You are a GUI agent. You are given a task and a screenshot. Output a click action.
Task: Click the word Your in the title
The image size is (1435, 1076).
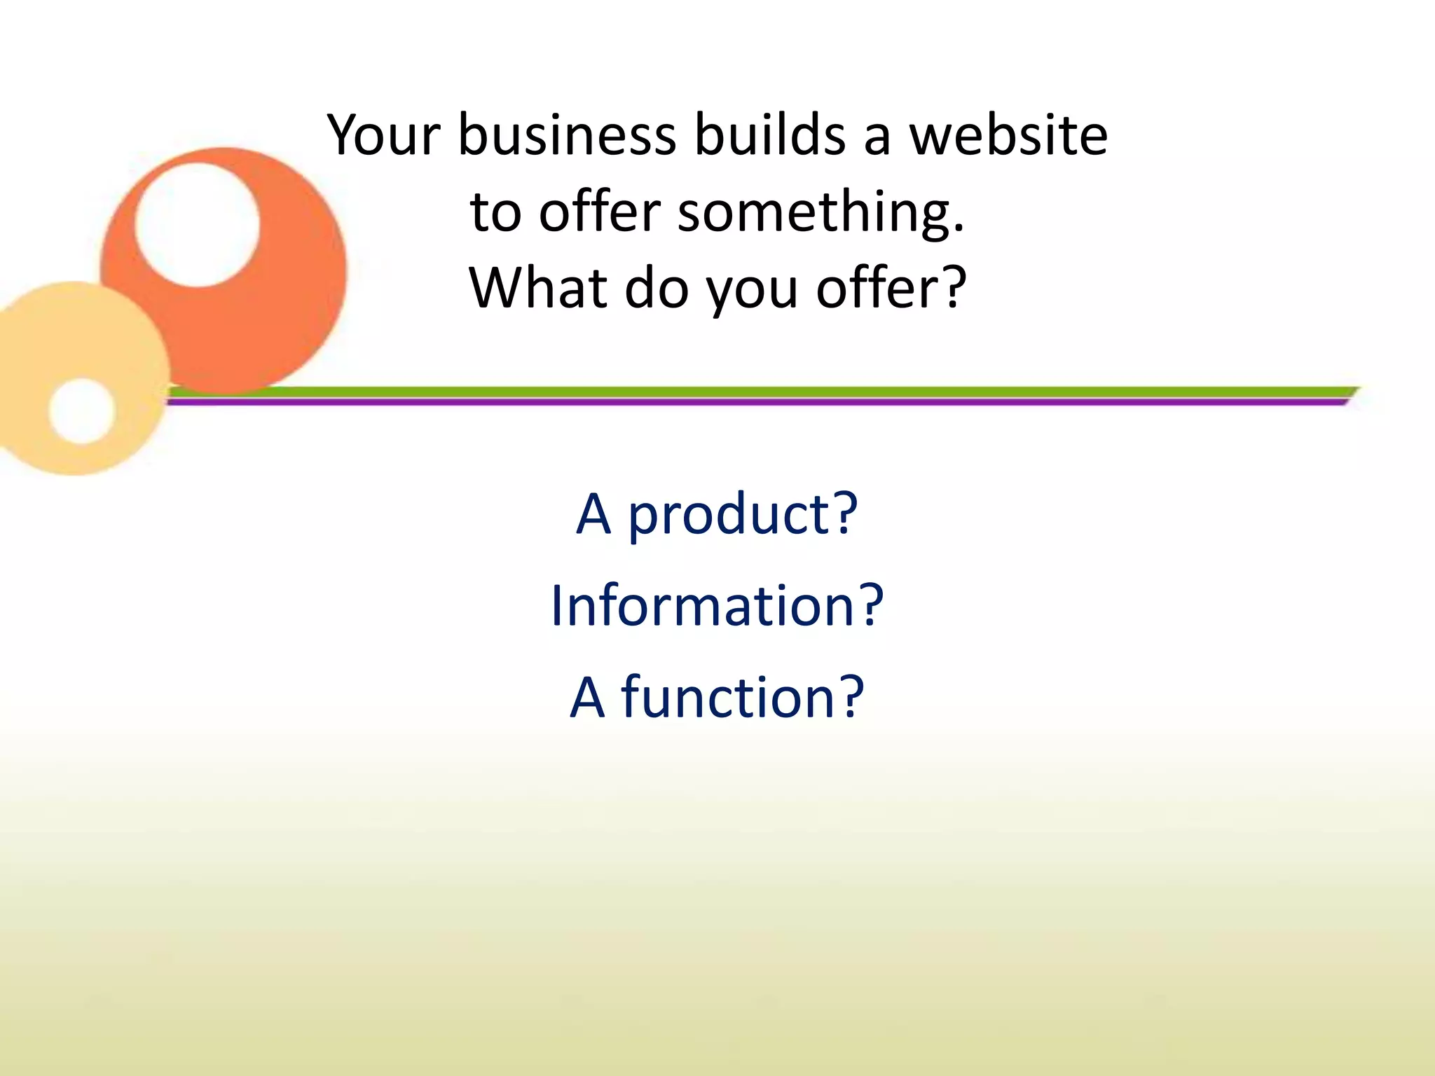coord(384,134)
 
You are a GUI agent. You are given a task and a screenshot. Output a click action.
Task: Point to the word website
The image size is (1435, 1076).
coord(1008,134)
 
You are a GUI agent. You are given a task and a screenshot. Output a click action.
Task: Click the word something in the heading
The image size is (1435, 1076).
coord(813,212)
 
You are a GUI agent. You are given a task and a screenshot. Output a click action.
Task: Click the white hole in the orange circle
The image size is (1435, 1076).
coord(197,225)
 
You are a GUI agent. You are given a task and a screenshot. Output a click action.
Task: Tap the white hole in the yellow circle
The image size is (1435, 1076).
coord(82,411)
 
